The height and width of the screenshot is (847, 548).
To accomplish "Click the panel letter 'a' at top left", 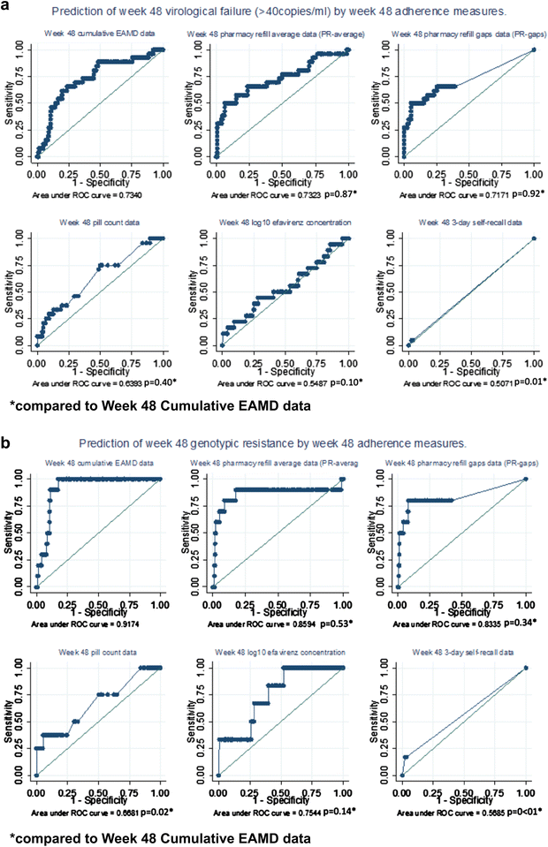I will click(x=6, y=8).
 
